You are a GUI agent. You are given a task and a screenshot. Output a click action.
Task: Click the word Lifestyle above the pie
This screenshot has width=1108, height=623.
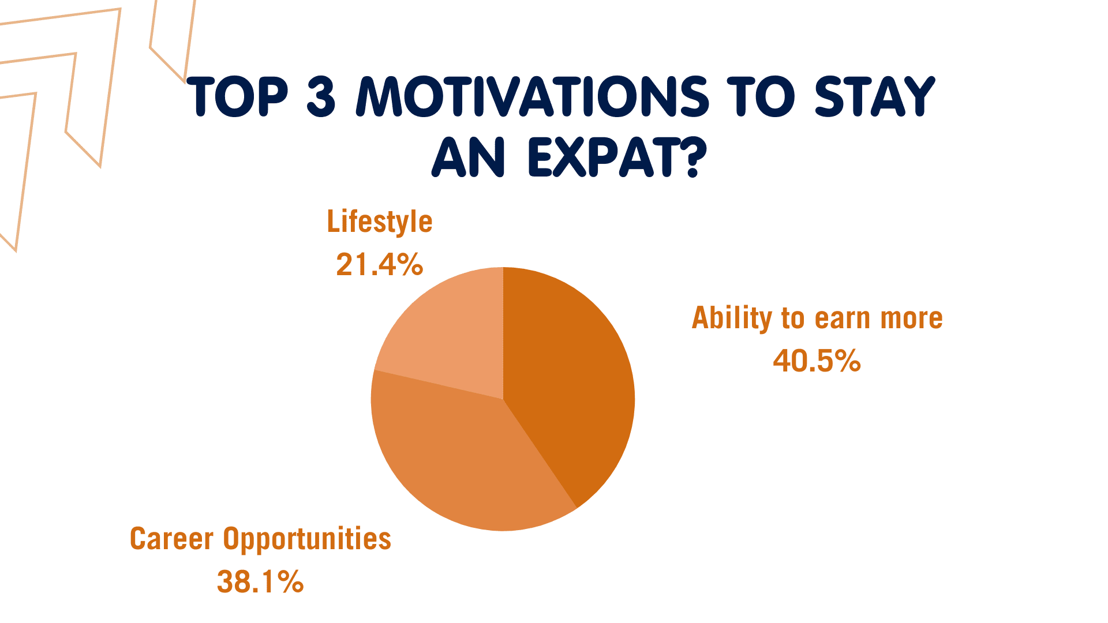click(x=379, y=222)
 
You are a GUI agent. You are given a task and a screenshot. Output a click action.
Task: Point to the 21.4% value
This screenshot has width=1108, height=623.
click(x=379, y=265)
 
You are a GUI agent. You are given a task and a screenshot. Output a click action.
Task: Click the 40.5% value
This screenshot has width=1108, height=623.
click(x=817, y=361)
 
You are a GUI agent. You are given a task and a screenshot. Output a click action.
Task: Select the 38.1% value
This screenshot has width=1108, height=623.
click(x=260, y=581)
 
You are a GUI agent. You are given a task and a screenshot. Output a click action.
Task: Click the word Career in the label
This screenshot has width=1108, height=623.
click(x=171, y=539)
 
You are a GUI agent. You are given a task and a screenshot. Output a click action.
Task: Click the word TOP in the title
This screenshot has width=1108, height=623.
click(x=238, y=96)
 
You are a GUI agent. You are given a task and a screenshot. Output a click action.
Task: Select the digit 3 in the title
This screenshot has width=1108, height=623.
click(x=321, y=96)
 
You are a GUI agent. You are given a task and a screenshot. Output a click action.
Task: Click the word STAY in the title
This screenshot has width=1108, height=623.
click(x=874, y=96)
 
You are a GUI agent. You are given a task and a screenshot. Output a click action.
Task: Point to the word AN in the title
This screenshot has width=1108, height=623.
click(x=469, y=157)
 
